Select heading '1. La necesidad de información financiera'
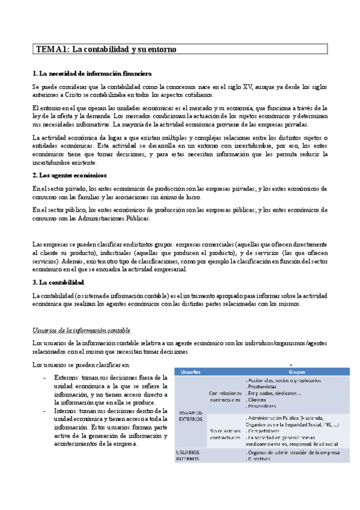tap(87, 74)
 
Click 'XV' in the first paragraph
tap(228, 87)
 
